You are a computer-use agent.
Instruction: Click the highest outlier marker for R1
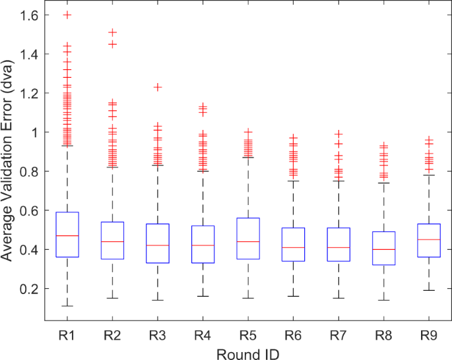68,15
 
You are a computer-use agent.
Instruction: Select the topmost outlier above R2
113,32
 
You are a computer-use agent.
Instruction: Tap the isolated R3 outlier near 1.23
158,87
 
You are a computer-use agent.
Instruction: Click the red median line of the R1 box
68,235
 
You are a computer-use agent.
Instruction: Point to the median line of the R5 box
247,241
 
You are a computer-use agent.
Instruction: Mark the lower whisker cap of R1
68,306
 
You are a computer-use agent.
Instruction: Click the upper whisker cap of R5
247,157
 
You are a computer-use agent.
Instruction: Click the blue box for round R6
293,244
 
